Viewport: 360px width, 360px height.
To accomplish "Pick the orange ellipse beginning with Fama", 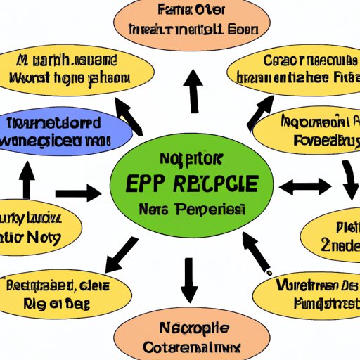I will (186, 22).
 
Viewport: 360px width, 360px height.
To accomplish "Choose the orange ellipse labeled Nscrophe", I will (179, 336).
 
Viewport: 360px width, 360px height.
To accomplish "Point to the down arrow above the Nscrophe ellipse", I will (188, 280).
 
